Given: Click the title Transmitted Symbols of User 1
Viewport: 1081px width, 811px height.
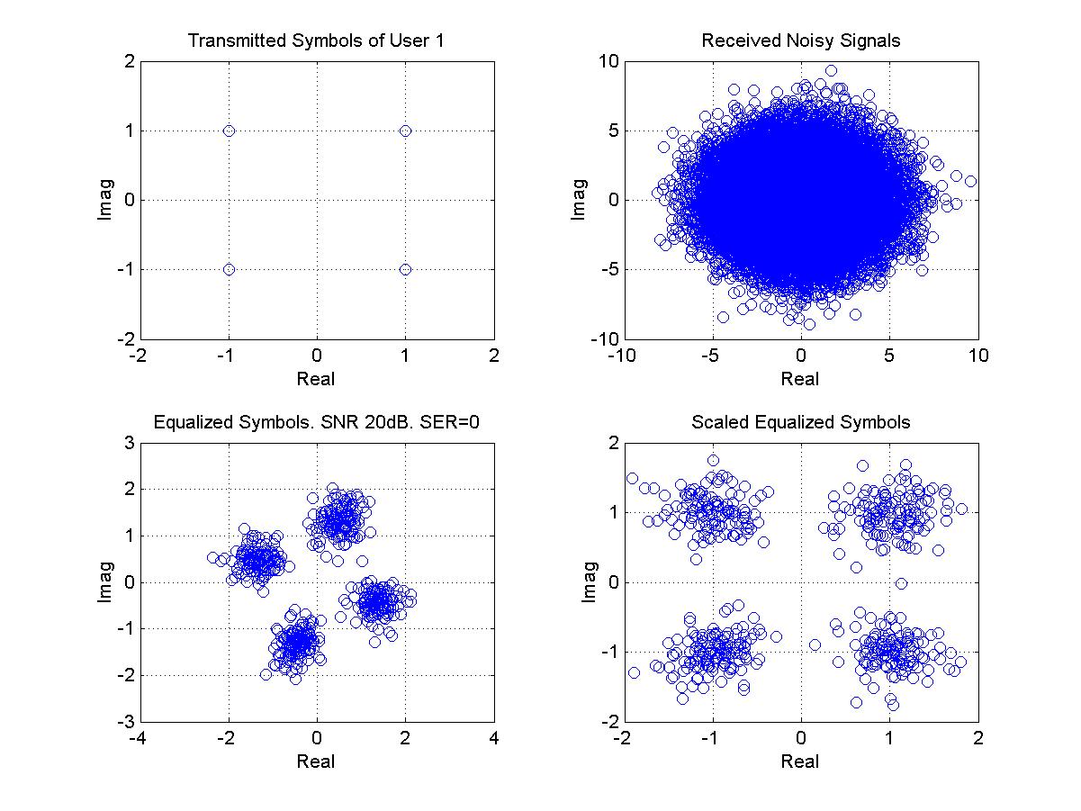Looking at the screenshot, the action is [316, 41].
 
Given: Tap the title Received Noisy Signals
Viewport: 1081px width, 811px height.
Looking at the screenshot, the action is [801, 41].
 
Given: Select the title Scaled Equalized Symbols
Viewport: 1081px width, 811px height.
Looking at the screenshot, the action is [801, 422].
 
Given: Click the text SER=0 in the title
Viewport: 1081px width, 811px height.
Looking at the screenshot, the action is [449, 422].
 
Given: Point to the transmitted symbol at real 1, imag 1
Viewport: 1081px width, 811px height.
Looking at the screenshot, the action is [405, 131].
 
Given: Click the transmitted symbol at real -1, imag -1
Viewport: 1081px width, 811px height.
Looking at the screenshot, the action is [229, 269].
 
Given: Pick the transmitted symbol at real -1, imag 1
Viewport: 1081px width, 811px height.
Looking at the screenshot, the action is [229, 131].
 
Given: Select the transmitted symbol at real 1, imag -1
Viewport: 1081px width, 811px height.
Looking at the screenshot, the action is [405, 269].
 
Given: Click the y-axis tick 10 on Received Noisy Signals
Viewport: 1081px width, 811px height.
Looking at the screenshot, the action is [608, 61].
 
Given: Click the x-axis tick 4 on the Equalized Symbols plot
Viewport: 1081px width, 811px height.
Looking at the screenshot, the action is [494, 737].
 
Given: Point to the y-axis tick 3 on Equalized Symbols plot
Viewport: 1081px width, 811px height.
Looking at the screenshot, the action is [130, 443].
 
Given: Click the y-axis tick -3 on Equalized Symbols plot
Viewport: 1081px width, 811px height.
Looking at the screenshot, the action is [126, 722].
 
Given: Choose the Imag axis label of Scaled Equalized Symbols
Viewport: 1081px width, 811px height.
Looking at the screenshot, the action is [589, 582].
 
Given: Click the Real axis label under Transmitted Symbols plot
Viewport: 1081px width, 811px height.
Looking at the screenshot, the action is [316, 379].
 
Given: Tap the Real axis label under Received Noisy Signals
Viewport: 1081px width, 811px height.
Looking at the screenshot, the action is [800, 379].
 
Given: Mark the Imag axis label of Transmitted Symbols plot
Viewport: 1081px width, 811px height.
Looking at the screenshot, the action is [105, 200].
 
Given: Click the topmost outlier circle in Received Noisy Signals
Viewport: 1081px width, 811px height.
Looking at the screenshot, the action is [832, 70].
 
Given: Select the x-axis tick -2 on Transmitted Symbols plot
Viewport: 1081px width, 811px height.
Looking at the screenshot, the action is [138, 356].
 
